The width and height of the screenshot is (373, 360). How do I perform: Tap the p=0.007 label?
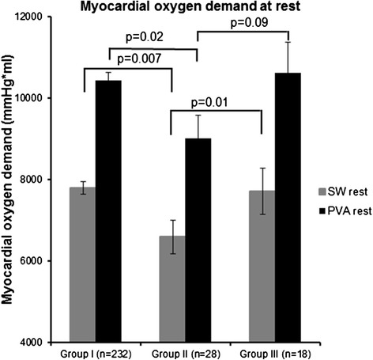tap(139, 59)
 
